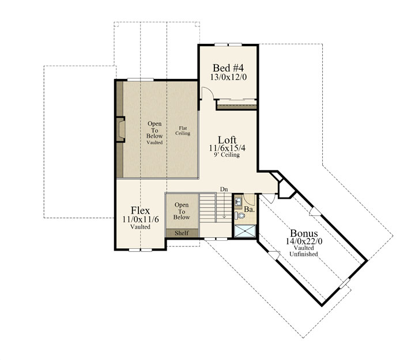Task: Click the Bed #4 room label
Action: tap(228, 68)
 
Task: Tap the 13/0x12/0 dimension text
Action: tap(228, 77)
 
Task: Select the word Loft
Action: tap(227, 140)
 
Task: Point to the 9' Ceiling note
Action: tap(227, 155)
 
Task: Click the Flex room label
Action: tap(140, 211)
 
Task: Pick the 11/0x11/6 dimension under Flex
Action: tap(141, 219)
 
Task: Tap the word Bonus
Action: tap(304, 233)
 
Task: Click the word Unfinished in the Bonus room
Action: tap(304, 254)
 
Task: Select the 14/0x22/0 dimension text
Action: tap(304, 241)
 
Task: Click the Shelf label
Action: tap(182, 233)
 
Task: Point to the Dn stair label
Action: tap(224, 190)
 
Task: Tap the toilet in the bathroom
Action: tap(240, 215)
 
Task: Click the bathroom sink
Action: tap(238, 202)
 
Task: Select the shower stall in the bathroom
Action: tap(246, 231)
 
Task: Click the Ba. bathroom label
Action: tap(249, 210)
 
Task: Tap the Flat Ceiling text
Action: tap(183, 131)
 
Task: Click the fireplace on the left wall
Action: tap(120, 130)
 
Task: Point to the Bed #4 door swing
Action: tap(207, 93)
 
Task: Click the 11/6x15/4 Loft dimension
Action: tap(227, 148)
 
